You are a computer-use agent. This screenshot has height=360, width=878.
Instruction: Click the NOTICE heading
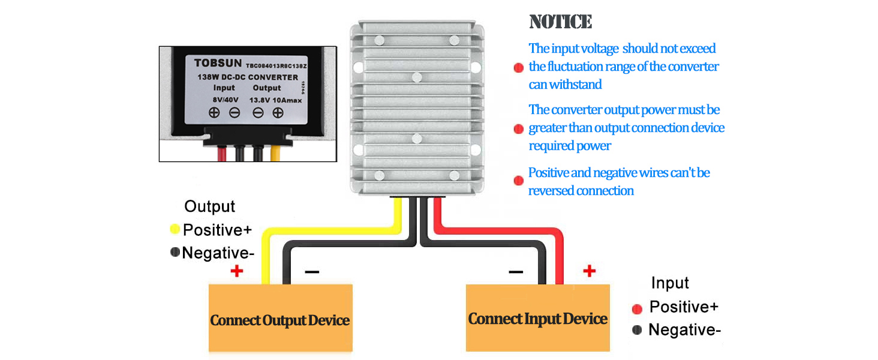coord(560,22)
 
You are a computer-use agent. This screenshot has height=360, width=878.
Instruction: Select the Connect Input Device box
coord(538,318)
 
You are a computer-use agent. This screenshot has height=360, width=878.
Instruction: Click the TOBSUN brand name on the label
coord(218,62)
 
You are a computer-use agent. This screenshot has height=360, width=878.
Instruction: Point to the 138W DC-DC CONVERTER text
coord(248,77)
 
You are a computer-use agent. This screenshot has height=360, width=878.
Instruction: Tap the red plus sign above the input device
coord(590,271)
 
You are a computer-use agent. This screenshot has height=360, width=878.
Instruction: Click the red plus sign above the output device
coord(237,271)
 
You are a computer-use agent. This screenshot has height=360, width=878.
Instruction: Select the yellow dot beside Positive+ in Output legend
coord(175,229)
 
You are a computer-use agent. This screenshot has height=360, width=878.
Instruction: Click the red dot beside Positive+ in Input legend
coord(637,308)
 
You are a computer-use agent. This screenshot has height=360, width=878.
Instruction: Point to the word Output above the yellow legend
coord(209,206)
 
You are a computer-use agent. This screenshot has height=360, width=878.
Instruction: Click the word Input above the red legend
coord(670,283)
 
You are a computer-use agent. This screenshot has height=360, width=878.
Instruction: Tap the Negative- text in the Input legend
coord(684,329)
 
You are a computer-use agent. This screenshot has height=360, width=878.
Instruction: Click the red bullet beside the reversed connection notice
coord(519,181)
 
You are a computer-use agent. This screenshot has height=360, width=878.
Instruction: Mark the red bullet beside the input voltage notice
coord(519,67)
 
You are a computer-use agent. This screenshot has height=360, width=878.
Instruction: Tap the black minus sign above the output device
coord(312,272)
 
